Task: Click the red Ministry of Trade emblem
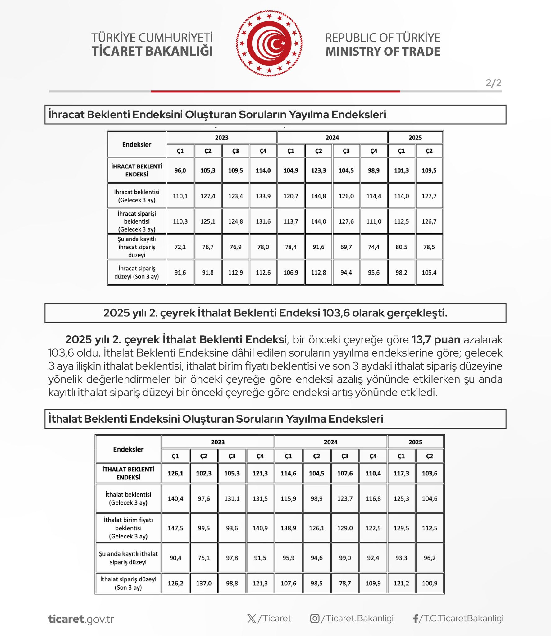269,43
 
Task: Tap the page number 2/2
494,83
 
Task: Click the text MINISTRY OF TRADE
383,52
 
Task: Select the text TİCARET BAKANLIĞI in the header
152,51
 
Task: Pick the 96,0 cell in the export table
180,170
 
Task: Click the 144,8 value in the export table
318,196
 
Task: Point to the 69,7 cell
346,247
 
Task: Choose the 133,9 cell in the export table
263,196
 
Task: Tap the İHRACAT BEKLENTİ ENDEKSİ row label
137,170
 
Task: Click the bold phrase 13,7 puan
436,339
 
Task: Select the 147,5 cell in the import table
175,528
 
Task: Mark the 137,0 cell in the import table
204,584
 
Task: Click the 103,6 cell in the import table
430,474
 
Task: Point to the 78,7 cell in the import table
345,584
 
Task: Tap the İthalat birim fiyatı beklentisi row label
128,528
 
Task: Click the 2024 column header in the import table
330,442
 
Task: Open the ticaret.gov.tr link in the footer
81,619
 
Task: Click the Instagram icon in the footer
315,619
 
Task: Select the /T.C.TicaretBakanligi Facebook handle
461,618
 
